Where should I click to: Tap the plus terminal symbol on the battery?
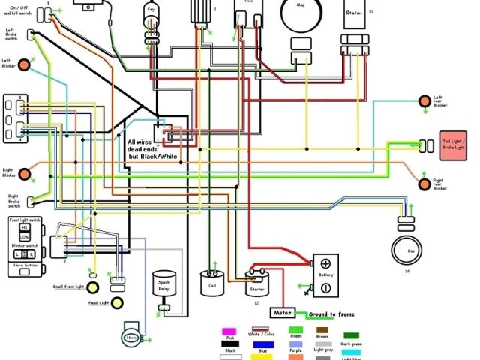tap(325, 263)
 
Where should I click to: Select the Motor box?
tap(282, 312)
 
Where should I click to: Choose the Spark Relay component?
tap(163, 284)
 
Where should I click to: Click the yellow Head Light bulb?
tap(93, 303)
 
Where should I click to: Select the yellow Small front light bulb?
tap(92, 287)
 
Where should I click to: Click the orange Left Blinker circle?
tap(25, 64)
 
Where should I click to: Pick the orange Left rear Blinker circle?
tap(426, 99)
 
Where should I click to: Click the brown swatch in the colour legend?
tap(322, 330)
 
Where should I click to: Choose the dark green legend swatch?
tap(350, 335)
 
